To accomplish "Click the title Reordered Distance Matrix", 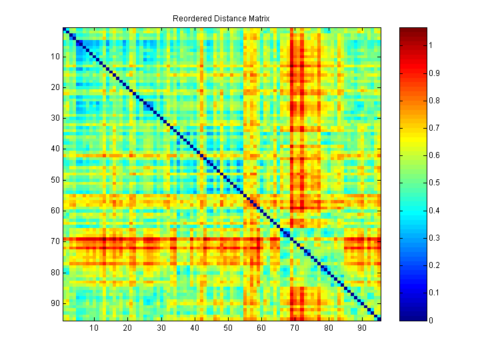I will (x=221, y=18).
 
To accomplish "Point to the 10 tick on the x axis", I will (x=94, y=327).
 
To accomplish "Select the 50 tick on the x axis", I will (x=228, y=327).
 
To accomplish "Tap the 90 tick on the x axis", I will (x=362, y=327).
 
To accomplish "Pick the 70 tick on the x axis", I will (x=295, y=327).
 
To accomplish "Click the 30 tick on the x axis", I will (x=161, y=327).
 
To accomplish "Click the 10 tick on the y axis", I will (x=56, y=57).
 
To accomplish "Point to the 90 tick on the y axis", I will (x=56, y=303).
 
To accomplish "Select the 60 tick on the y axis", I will (x=56, y=211).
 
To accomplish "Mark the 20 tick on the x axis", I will (x=127, y=327).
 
